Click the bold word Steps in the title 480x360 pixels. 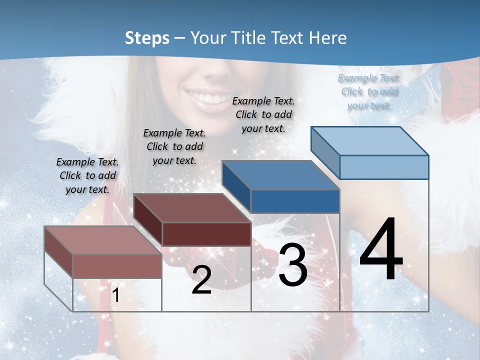pos(147,38)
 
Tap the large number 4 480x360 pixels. pos(381,250)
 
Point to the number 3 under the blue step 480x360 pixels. pos(292,266)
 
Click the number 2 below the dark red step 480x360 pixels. pos(201,280)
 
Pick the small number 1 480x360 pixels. pos(116,295)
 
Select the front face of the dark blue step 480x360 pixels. pos(295,201)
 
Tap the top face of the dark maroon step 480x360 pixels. pos(192,208)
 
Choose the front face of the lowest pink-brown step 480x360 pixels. pos(117,266)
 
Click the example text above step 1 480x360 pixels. pos(87,176)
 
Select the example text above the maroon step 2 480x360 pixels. pos(174,146)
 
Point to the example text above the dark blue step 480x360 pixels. pos(263,114)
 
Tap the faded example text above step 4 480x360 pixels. pos(369,91)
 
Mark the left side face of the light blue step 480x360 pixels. pos(325,152)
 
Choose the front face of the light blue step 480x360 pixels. pos(384,167)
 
